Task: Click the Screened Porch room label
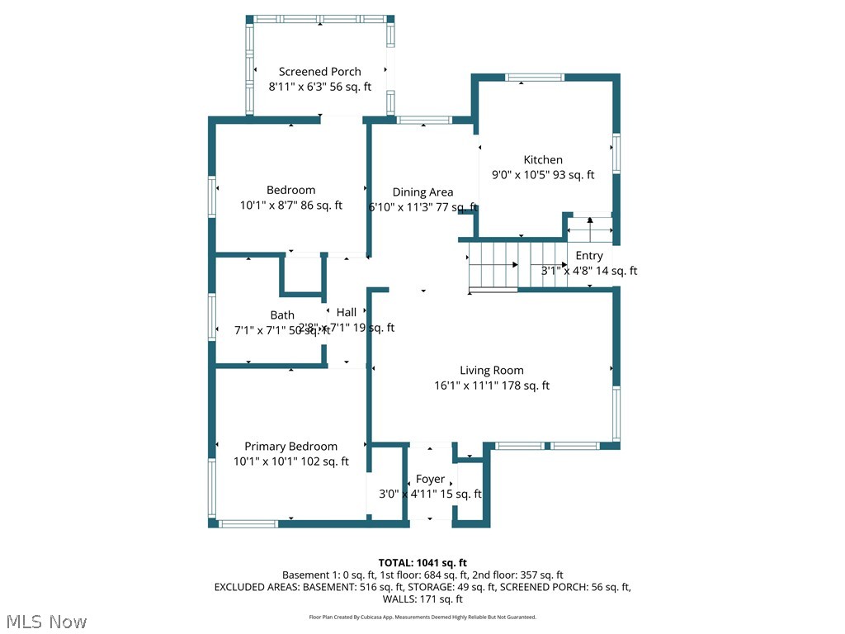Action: (319, 72)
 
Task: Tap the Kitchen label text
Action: (543, 160)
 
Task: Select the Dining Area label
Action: (422, 192)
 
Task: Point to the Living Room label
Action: (492, 371)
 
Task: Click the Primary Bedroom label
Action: (290, 447)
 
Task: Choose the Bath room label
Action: (282, 315)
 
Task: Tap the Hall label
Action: (347, 312)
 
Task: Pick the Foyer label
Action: (430, 479)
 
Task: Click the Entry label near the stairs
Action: (589, 256)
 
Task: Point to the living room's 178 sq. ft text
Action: (525, 386)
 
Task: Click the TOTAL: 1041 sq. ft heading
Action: (422, 563)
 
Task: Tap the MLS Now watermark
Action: (45, 621)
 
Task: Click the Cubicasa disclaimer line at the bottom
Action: (422, 617)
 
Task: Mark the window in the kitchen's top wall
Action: (536, 78)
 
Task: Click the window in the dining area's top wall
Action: (423, 121)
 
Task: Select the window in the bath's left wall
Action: (212, 317)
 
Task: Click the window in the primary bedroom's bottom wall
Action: (248, 523)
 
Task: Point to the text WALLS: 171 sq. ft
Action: (422, 599)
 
